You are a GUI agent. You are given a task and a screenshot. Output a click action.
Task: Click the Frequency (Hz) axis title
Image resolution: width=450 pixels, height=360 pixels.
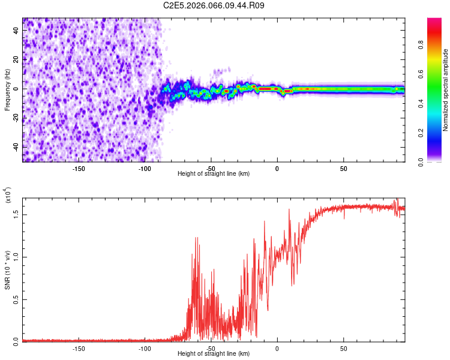click(x=7, y=89)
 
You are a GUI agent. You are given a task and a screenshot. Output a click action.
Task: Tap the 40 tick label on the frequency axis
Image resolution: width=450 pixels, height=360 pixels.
click(x=16, y=30)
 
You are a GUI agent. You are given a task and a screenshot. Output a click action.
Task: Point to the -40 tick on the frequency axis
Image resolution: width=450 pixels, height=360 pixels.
click(x=16, y=147)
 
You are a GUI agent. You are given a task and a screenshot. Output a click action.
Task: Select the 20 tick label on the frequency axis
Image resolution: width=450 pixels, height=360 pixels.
click(x=16, y=59)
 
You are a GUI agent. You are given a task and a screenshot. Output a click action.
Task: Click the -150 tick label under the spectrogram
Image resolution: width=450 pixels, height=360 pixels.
click(x=78, y=169)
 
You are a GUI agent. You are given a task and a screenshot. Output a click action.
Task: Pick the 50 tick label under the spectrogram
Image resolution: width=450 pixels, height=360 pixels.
click(x=343, y=169)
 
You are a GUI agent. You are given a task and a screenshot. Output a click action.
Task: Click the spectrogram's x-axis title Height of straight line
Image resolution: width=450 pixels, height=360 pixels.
click(x=214, y=174)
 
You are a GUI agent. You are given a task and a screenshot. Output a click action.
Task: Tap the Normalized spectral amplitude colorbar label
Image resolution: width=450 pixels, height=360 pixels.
click(x=446, y=90)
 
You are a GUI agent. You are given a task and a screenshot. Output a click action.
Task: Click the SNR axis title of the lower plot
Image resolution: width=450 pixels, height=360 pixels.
click(x=7, y=269)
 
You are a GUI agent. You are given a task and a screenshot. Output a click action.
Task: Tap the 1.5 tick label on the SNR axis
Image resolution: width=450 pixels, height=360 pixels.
click(x=16, y=214)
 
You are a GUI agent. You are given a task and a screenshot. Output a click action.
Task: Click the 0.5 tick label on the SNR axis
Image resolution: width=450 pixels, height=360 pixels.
click(x=16, y=299)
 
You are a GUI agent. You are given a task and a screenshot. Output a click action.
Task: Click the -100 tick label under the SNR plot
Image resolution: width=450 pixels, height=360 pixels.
click(x=144, y=349)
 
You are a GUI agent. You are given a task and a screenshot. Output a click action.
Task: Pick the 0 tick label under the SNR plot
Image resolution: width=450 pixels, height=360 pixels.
click(x=277, y=349)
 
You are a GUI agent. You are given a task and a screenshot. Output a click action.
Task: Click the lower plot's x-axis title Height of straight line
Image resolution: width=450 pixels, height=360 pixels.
click(x=214, y=354)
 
